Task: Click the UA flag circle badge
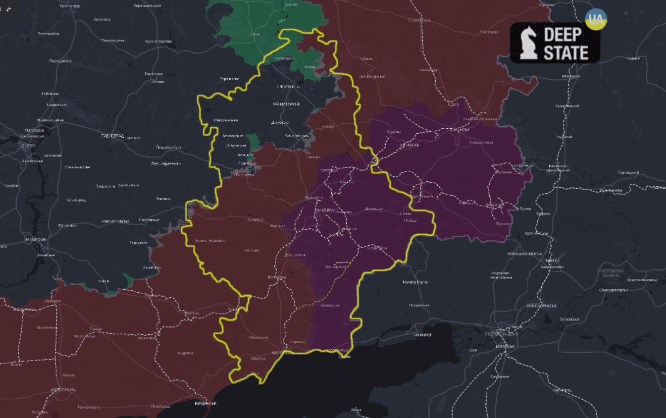596,19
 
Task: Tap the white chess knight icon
529,44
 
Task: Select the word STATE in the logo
566,52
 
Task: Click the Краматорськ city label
286,104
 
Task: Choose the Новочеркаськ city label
542,306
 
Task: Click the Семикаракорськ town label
613,290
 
